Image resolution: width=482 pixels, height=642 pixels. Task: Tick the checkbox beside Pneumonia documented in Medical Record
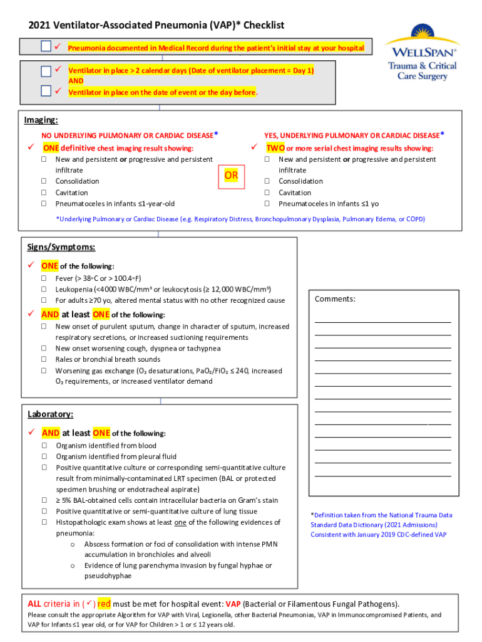click(46, 47)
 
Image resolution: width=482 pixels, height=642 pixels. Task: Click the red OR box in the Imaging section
click(231, 176)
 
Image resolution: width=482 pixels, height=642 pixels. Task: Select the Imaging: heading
click(41, 120)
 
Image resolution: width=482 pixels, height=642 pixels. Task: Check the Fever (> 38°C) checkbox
click(44, 278)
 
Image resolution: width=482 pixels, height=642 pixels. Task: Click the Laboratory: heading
click(50, 414)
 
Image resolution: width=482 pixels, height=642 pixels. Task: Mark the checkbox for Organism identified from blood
click(45, 446)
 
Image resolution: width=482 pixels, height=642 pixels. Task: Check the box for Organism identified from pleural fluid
click(45, 456)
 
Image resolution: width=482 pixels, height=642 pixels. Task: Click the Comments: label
click(335, 299)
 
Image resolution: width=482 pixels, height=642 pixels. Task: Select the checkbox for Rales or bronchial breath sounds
click(44, 359)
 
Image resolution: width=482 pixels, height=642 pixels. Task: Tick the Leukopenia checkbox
click(44, 289)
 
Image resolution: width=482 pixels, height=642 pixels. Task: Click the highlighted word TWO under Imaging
click(275, 148)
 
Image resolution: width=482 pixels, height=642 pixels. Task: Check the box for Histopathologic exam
click(45, 522)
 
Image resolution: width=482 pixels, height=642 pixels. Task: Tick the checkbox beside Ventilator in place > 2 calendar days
click(46, 71)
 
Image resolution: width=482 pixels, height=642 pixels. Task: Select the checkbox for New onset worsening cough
click(44, 348)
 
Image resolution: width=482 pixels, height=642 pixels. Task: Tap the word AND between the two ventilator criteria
click(76, 81)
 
